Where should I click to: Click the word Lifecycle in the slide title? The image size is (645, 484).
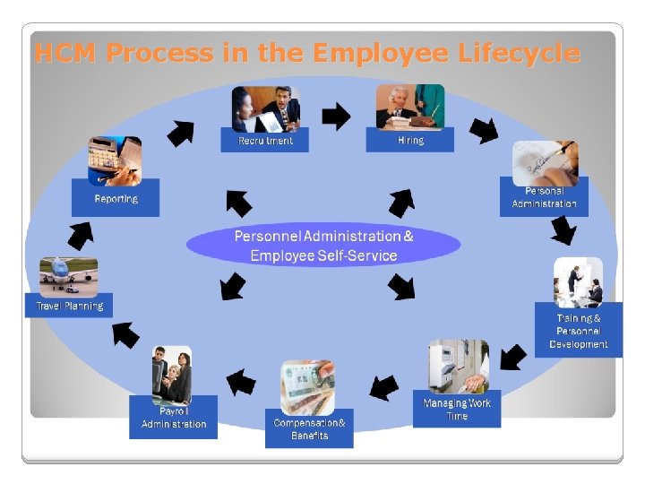tap(519, 54)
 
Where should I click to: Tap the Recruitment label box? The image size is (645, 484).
tap(264, 140)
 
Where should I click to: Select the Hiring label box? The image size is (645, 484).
tap(409, 140)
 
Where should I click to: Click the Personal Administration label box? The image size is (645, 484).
tap(544, 197)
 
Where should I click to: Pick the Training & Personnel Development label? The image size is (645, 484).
tap(578, 331)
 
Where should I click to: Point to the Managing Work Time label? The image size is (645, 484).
tap(457, 410)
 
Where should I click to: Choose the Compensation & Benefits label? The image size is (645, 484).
tap(309, 429)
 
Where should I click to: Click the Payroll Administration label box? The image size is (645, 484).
tap(174, 418)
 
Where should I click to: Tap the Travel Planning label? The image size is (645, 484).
tap(69, 306)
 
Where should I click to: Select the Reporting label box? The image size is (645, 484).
tap(116, 198)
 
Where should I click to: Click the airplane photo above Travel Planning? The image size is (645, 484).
tap(68, 275)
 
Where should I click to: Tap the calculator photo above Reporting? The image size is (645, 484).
tap(114, 159)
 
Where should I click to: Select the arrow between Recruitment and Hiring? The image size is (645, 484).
tap(337, 115)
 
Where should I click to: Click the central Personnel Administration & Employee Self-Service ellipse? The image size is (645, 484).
tap(323, 246)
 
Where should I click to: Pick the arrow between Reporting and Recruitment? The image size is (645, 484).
tap(180, 133)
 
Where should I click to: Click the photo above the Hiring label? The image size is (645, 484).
tap(409, 107)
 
